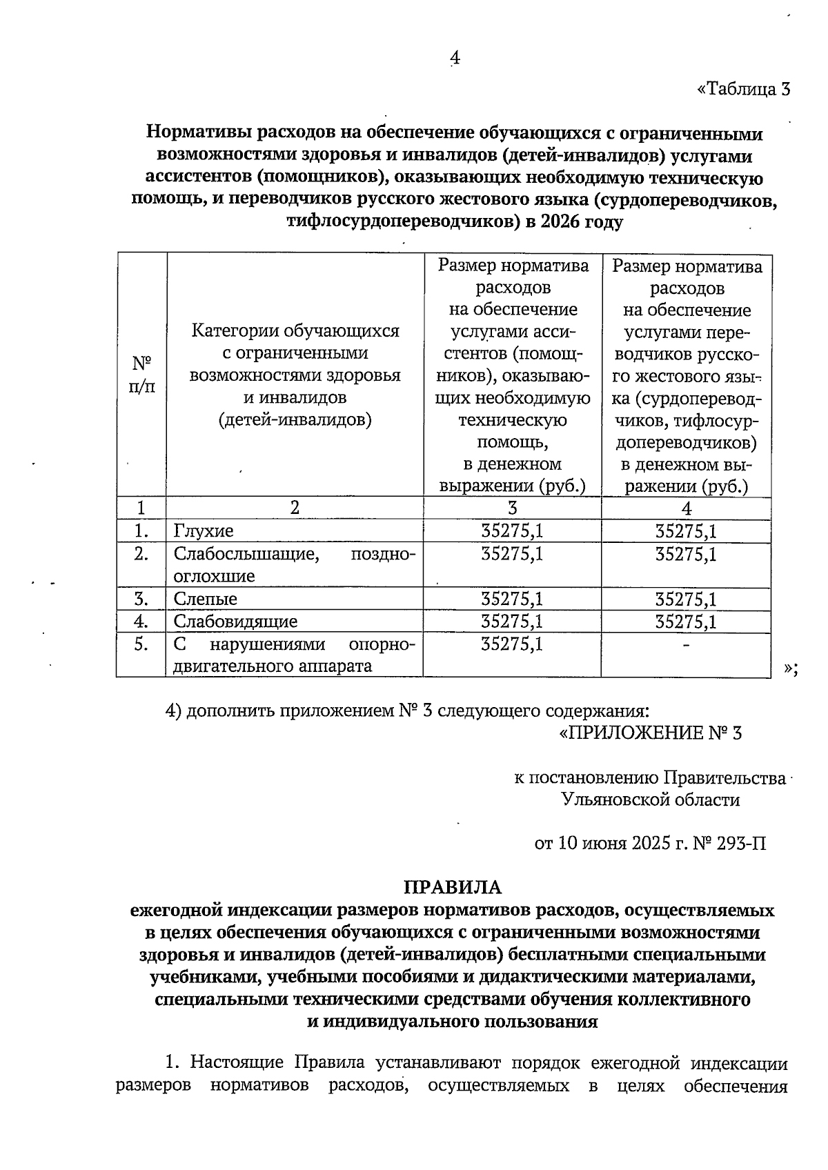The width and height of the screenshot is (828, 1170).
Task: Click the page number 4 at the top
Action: coord(454,59)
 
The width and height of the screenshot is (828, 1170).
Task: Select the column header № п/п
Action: coord(141,374)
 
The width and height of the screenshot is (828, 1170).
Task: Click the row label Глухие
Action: coord(204,531)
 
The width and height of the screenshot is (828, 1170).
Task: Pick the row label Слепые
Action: coord(205,599)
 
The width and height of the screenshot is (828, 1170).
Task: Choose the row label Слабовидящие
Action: coord(235,622)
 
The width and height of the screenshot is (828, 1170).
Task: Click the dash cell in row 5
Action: coord(686,644)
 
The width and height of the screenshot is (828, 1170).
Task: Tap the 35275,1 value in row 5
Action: coord(511,644)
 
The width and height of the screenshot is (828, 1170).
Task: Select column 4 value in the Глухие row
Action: coord(686,531)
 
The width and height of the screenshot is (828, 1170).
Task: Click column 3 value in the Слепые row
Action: coord(511,599)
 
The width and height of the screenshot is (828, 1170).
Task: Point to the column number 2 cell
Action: coord(295,508)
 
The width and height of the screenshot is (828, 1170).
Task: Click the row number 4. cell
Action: coord(141,622)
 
